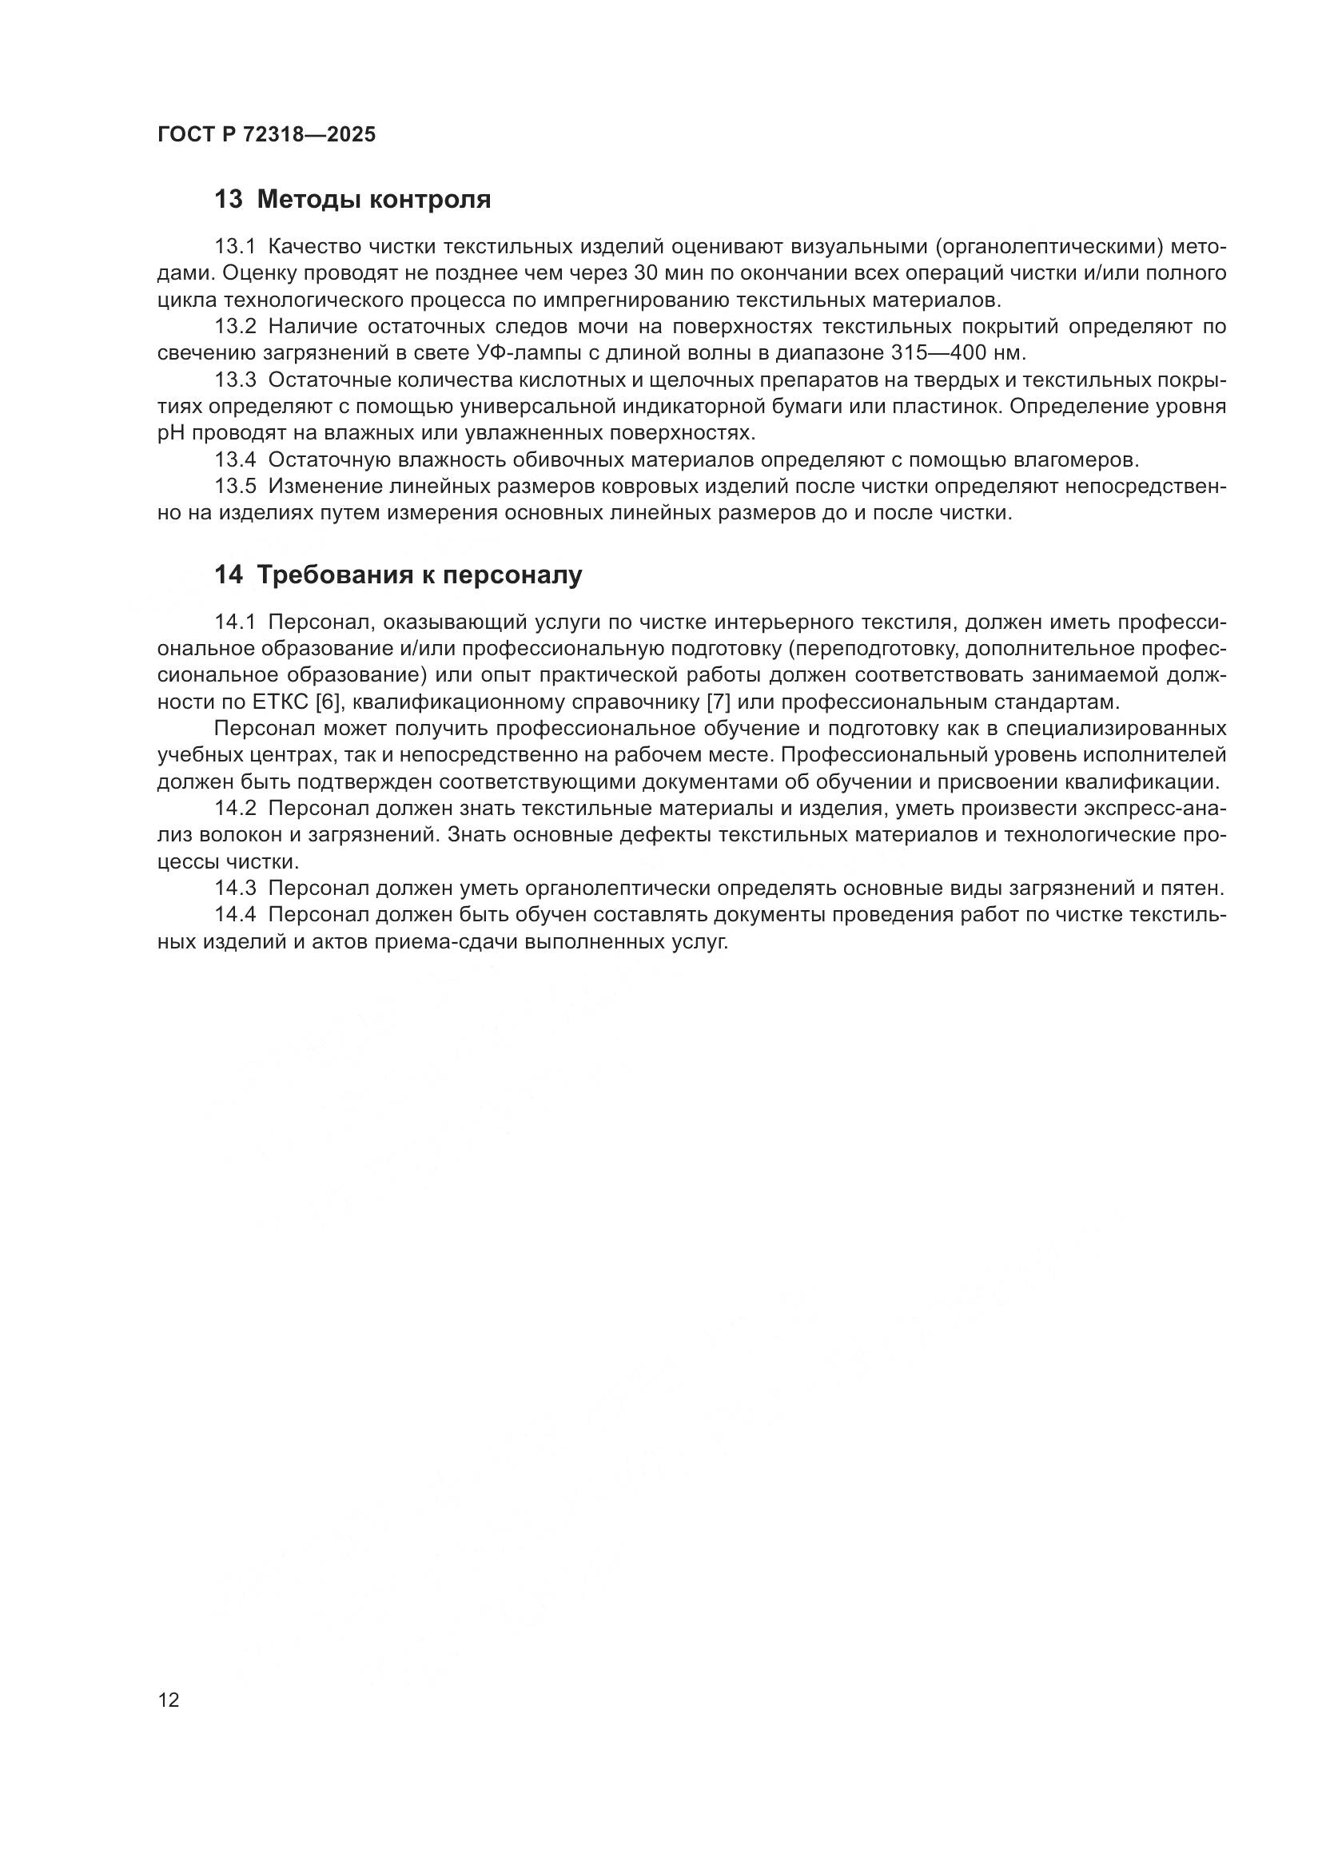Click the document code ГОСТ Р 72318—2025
[x=266, y=134]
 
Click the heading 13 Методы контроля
[x=352, y=200]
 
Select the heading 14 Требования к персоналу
[x=398, y=575]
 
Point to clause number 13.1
[x=234, y=247]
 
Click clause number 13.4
[x=234, y=460]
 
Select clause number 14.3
[x=234, y=887]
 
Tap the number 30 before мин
[x=646, y=273]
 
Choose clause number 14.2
[x=234, y=809]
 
